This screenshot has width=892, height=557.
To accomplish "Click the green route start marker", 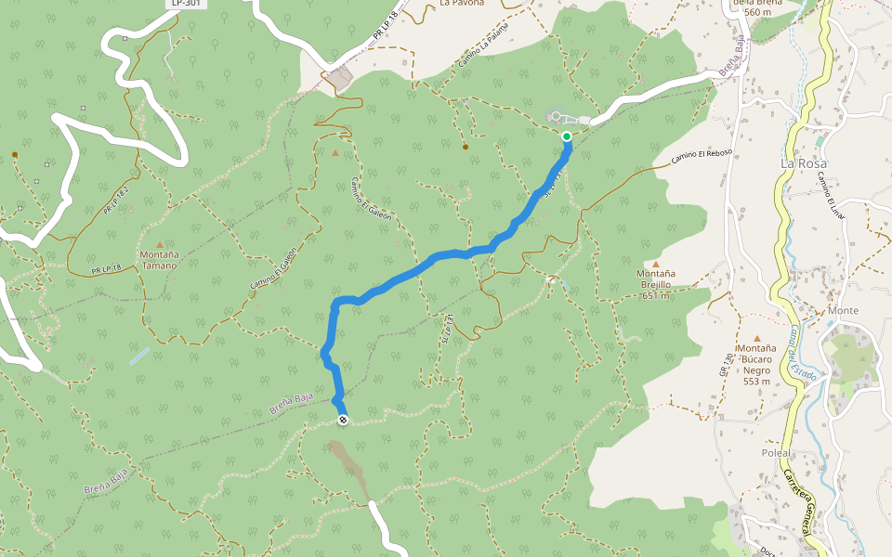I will click(x=567, y=136).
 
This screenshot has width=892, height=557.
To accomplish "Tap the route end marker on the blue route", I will click(x=343, y=421).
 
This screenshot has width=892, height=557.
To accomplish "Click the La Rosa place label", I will click(x=803, y=163).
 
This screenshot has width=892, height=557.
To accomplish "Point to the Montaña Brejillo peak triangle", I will click(x=656, y=264).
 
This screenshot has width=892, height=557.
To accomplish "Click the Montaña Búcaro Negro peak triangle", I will click(x=757, y=339).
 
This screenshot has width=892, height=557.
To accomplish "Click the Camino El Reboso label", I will click(x=702, y=158).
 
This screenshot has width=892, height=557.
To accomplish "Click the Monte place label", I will click(x=844, y=310).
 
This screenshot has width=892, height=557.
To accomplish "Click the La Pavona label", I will click(x=462, y=3).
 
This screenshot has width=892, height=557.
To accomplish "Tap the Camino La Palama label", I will click(x=484, y=51).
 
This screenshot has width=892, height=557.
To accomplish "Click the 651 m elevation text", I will click(x=656, y=296).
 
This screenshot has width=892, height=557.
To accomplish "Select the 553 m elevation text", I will click(x=757, y=382).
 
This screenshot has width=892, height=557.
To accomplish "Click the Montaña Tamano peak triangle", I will click(x=159, y=245).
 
